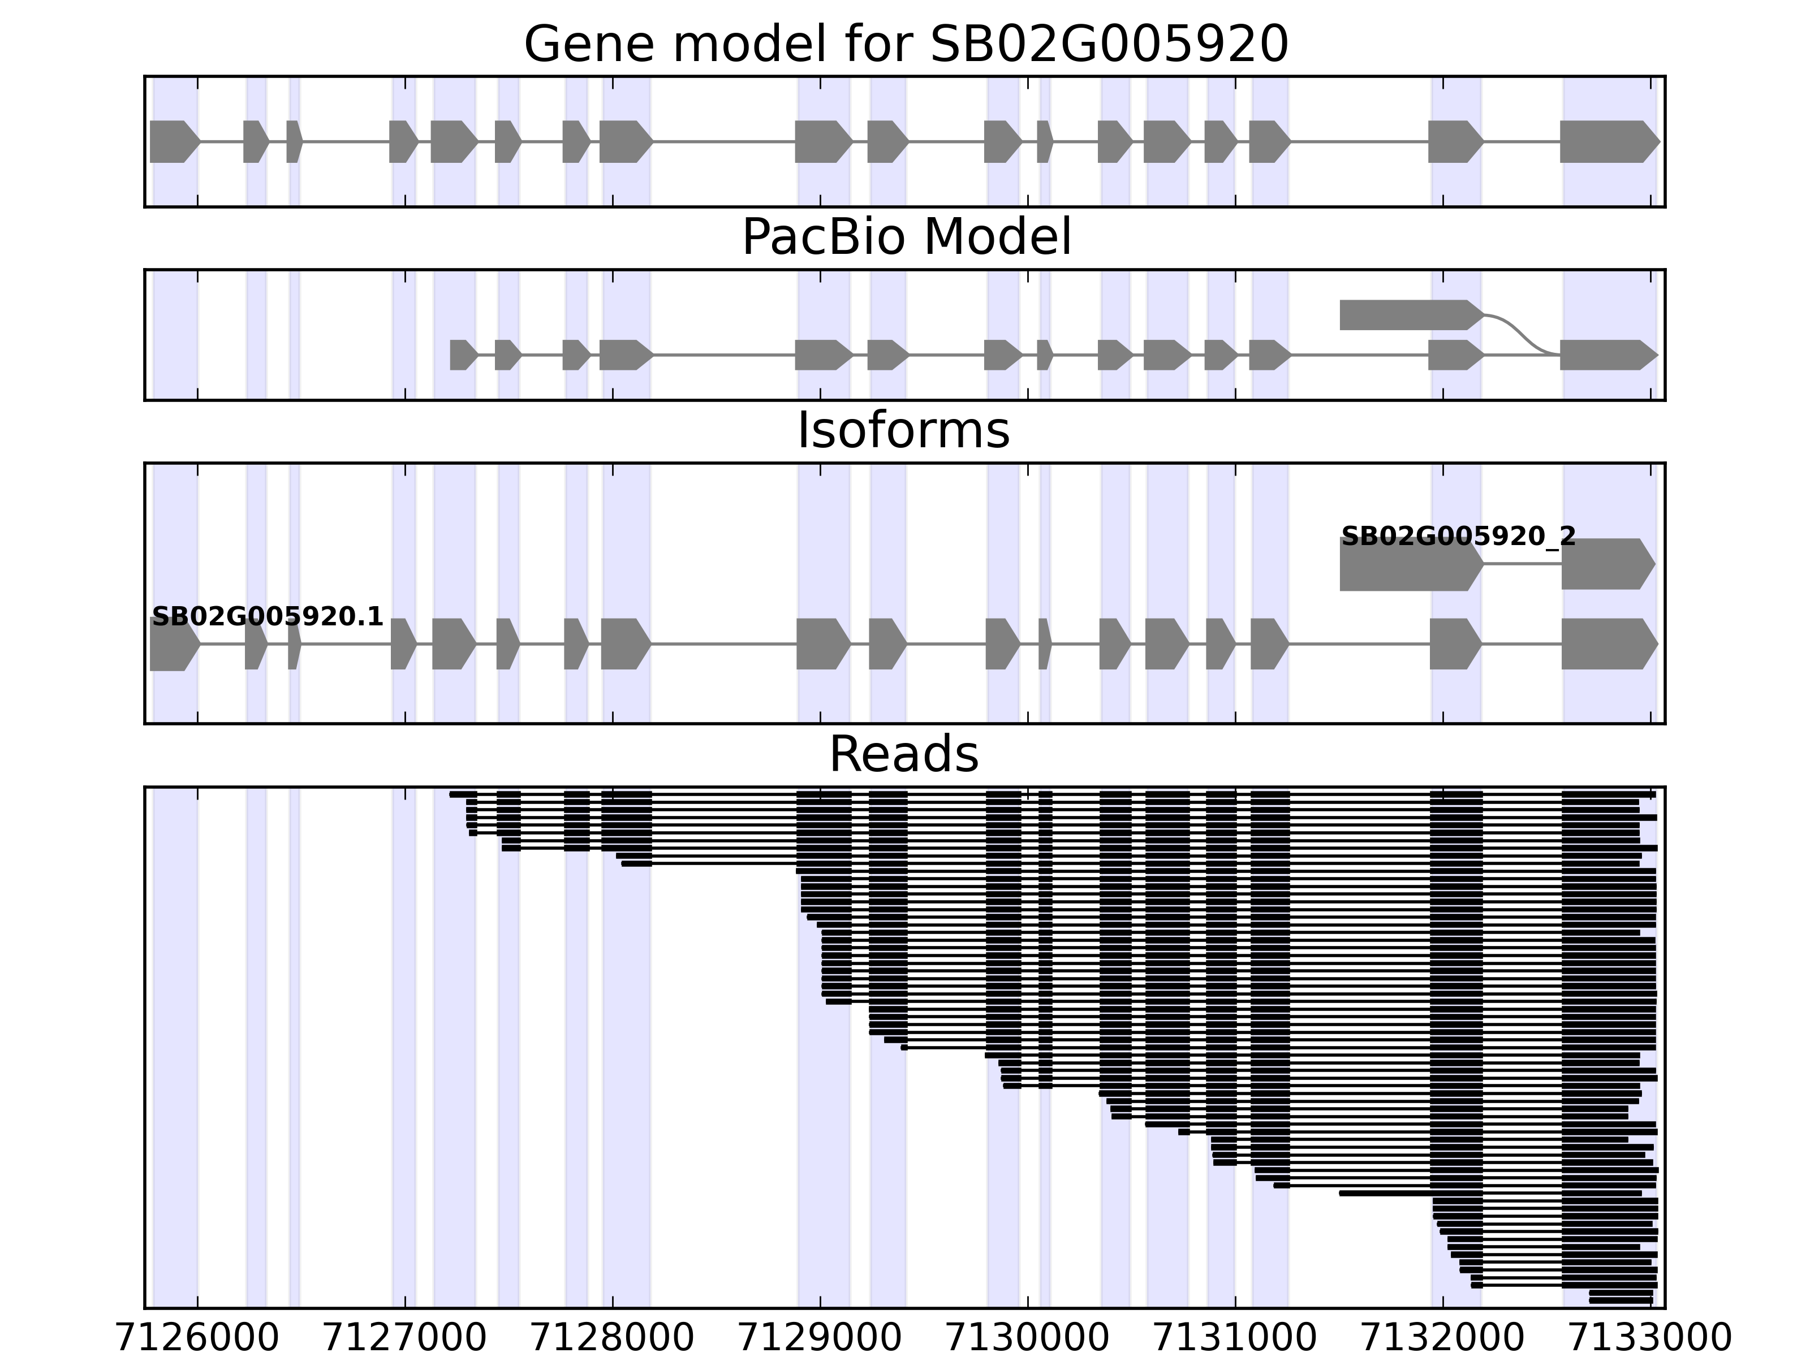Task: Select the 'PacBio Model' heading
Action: pyautogui.click(x=906, y=238)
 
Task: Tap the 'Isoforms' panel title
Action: pyautogui.click(x=903, y=431)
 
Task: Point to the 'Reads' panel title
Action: pyautogui.click(x=903, y=755)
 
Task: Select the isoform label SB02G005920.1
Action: pyautogui.click(x=268, y=617)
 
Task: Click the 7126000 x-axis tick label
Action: pyautogui.click(x=197, y=1338)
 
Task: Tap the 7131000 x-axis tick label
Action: pyautogui.click(x=1235, y=1338)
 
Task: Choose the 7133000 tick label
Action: pyautogui.click(x=1649, y=1338)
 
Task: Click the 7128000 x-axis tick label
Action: pyautogui.click(x=613, y=1338)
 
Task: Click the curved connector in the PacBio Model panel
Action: pyautogui.click(x=1522, y=334)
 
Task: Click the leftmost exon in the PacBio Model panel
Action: pyautogui.click(x=462, y=355)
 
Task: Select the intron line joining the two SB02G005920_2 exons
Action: pyautogui.click(x=1522, y=564)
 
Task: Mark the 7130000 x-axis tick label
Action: pyautogui.click(x=1028, y=1338)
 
